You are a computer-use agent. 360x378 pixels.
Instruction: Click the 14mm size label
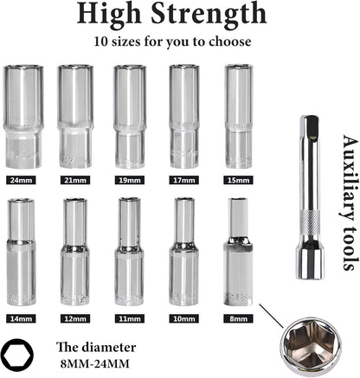pyautogui.click(x=21, y=319)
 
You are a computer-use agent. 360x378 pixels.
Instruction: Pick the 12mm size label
pyautogui.click(x=75, y=319)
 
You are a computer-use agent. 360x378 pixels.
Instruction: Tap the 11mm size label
pyautogui.click(x=130, y=319)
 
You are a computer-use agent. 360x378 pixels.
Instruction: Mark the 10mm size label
pyautogui.click(x=184, y=319)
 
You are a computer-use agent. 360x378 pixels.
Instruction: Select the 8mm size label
pyautogui.click(x=239, y=319)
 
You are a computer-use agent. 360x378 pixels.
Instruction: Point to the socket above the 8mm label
pyautogui.click(x=239, y=263)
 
